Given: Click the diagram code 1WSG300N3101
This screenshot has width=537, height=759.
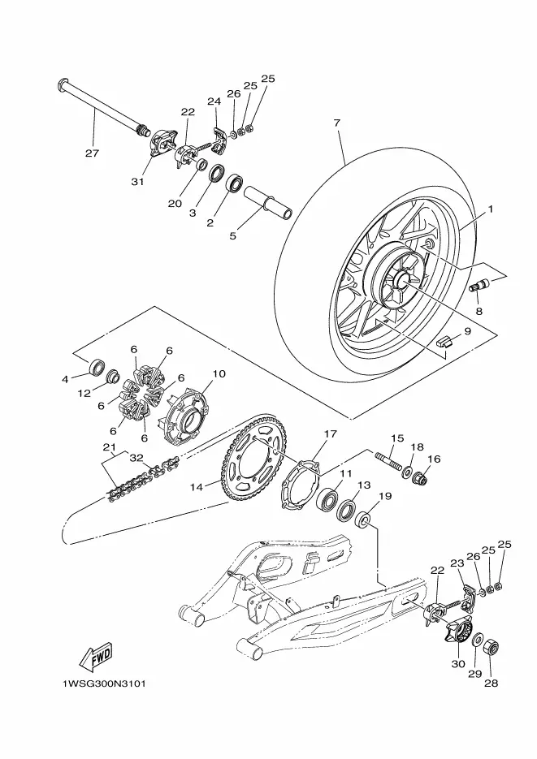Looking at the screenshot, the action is point(104,684).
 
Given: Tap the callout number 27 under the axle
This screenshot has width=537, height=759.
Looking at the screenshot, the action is point(92,153).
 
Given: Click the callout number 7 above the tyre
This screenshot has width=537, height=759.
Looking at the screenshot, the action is point(337,123).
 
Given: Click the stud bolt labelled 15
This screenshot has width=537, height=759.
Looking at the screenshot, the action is point(388,461).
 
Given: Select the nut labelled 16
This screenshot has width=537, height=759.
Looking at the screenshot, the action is point(419,478).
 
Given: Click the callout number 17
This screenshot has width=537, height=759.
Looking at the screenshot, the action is point(330,434).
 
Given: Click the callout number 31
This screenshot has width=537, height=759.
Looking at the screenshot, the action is point(137,182).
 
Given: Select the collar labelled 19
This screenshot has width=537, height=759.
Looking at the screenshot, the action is point(364,522).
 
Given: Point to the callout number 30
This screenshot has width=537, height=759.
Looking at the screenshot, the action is point(458,664).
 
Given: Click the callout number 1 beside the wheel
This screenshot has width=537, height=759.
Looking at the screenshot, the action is point(490,209).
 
